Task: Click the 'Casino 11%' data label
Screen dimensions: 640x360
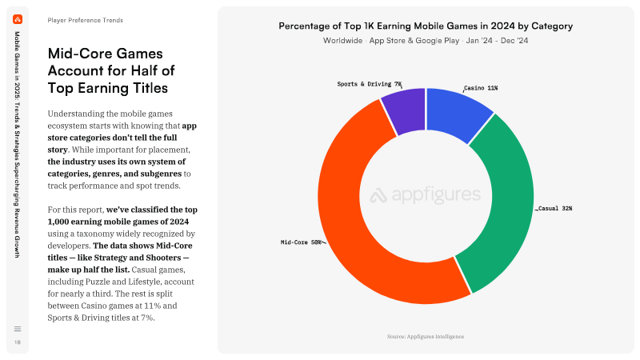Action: point(481,88)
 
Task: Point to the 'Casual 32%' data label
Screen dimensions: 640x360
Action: point(555,209)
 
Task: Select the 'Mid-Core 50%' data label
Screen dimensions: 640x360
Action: point(301,242)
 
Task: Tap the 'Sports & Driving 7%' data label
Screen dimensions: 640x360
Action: point(370,84)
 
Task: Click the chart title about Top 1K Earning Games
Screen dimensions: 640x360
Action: point(426,26)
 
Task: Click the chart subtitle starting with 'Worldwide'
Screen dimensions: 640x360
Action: point(426,41)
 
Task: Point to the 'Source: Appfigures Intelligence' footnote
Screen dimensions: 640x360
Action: point(426,337)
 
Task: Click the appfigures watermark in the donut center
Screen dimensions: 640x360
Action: point(426,195)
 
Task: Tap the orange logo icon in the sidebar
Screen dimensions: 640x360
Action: point(18,19)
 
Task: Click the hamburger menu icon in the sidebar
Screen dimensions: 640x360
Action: point(18,329)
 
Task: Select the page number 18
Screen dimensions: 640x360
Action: point(18,342)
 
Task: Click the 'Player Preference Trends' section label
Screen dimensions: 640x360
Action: point(86,21)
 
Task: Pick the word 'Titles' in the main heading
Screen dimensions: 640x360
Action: point(150,88)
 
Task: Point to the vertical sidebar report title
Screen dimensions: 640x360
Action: point(18,145)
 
